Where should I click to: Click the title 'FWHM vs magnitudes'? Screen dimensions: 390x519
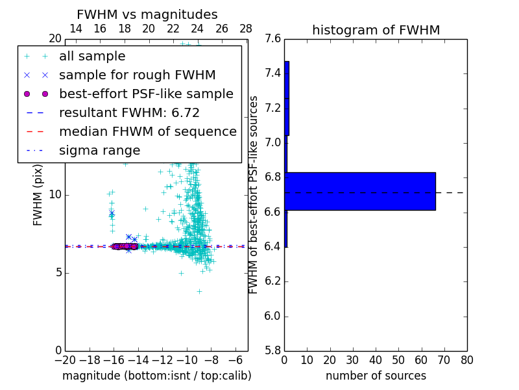147,14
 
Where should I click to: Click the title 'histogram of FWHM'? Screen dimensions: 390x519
376,30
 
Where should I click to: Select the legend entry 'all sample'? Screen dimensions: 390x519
92,57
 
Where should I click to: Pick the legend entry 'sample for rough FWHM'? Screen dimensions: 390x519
137,75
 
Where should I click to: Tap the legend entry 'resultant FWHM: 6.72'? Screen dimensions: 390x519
129,113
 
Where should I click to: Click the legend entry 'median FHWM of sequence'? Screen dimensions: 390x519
147,132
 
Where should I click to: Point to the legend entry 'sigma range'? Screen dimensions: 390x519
99,151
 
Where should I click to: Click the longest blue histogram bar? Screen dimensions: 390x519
360,191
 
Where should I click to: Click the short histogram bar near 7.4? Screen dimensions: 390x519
287,98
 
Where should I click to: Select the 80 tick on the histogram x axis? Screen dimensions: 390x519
466,360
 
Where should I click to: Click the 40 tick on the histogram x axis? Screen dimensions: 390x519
376,360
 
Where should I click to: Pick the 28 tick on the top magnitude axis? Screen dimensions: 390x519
246,29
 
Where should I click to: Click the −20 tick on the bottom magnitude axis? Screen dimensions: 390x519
65,360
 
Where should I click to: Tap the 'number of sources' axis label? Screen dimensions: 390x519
376,376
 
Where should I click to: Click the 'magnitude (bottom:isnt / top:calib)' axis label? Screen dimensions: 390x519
156,376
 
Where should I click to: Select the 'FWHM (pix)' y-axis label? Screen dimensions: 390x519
38,195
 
